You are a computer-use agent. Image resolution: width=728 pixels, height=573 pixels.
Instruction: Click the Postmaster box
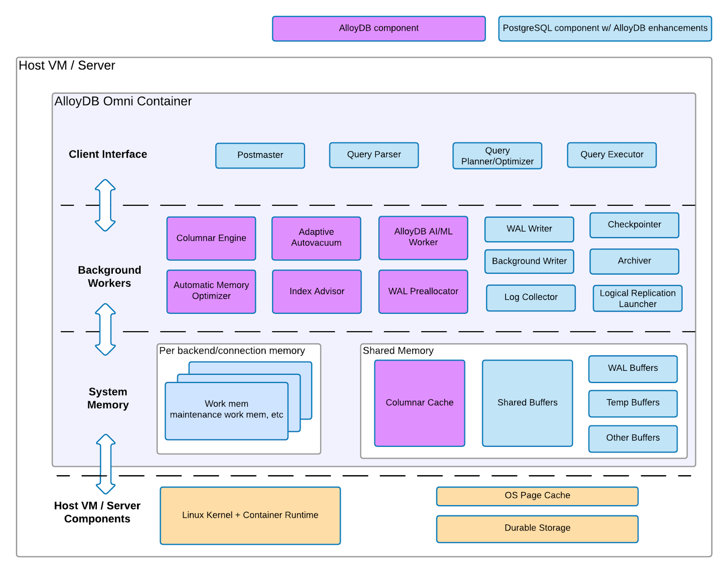point(260,155)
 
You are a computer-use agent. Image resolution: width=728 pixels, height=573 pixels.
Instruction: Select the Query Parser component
point(374,155)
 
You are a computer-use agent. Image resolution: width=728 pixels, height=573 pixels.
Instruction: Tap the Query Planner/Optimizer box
point(497,156)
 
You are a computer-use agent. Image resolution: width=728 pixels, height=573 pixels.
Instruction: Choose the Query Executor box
point(612,155)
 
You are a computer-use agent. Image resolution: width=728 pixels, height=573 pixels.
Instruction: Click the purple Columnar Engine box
point(211,238)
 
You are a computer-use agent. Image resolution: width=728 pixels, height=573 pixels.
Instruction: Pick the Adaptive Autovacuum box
point(316,238)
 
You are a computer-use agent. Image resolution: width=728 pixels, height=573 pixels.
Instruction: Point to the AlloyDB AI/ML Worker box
point(423,237)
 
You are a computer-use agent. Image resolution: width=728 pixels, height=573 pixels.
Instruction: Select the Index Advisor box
point(317,292)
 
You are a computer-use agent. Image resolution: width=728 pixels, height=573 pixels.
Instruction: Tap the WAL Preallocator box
point(423,292)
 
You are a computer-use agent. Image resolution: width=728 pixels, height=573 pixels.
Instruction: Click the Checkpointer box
point(634,225)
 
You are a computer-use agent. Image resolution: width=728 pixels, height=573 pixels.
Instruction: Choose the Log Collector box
point(531,298)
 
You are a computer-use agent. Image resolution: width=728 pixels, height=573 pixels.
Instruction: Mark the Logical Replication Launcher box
point(637,299)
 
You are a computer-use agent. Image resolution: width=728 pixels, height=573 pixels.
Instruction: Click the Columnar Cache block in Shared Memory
point(420,403)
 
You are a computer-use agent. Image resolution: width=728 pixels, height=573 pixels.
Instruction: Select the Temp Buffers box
point(632,403)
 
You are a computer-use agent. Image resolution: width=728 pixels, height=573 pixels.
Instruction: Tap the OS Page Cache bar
point(537,496)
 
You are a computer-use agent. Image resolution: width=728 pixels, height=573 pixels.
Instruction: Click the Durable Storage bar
point(537,528)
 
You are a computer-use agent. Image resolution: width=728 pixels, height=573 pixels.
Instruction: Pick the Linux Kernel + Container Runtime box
point(250,516)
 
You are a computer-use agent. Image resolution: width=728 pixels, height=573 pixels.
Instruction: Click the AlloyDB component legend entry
point(379,28)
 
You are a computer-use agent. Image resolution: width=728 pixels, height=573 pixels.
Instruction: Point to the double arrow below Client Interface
point(105,205)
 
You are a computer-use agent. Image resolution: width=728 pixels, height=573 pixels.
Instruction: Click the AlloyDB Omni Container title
point(123,101)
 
